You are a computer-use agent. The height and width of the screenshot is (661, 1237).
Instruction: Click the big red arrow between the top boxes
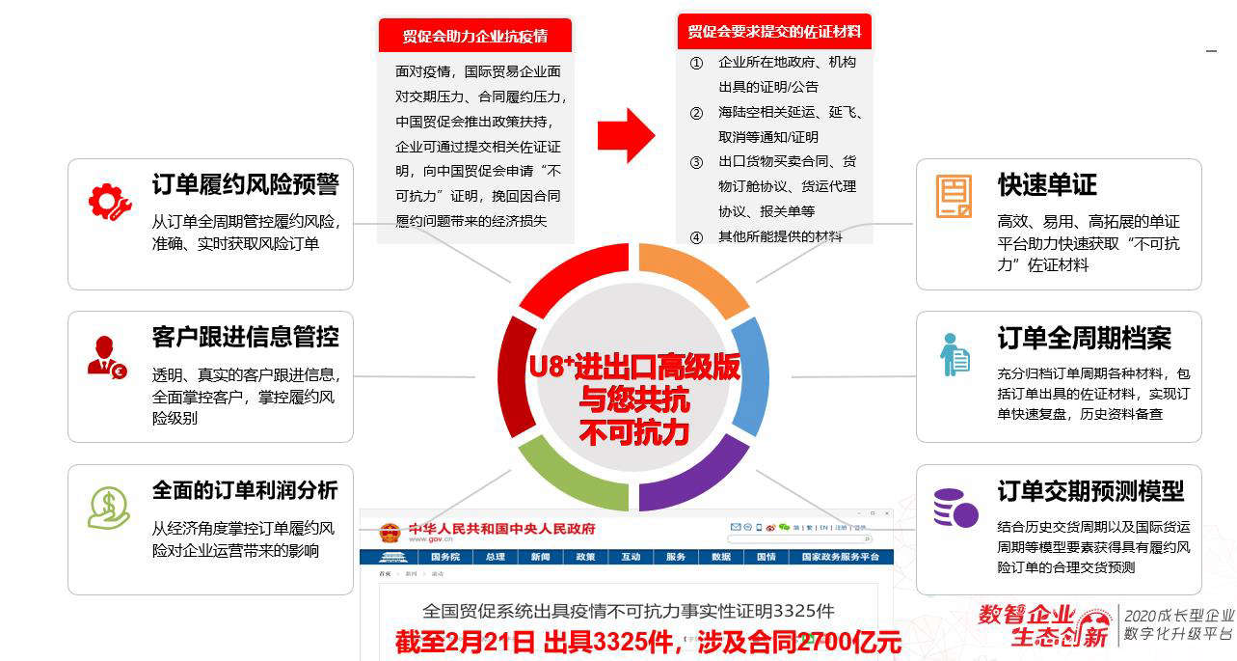[626, 135]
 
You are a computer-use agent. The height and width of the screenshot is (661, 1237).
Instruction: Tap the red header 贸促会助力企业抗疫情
[474, 36]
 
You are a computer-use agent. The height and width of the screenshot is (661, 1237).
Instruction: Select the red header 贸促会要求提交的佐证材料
[774, 32]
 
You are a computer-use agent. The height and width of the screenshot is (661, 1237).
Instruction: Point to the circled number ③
[696, 161]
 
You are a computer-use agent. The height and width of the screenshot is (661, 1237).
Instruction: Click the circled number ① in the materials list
[696, 62]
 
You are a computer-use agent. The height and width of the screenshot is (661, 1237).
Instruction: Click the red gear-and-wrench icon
[108, 201]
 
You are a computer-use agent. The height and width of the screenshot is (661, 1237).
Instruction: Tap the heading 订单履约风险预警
[245, 184]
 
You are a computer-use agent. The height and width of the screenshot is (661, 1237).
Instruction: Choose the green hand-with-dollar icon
[108, 508]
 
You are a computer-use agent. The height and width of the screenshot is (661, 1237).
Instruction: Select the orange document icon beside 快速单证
[954, 197]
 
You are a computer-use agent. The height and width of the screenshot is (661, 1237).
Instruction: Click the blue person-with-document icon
[955, 354]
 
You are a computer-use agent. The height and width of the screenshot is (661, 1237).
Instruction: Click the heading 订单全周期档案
[1084, 339]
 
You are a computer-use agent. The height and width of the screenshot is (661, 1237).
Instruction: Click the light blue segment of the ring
[751, 375]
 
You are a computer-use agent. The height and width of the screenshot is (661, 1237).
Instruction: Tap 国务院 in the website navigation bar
[444, 558]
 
